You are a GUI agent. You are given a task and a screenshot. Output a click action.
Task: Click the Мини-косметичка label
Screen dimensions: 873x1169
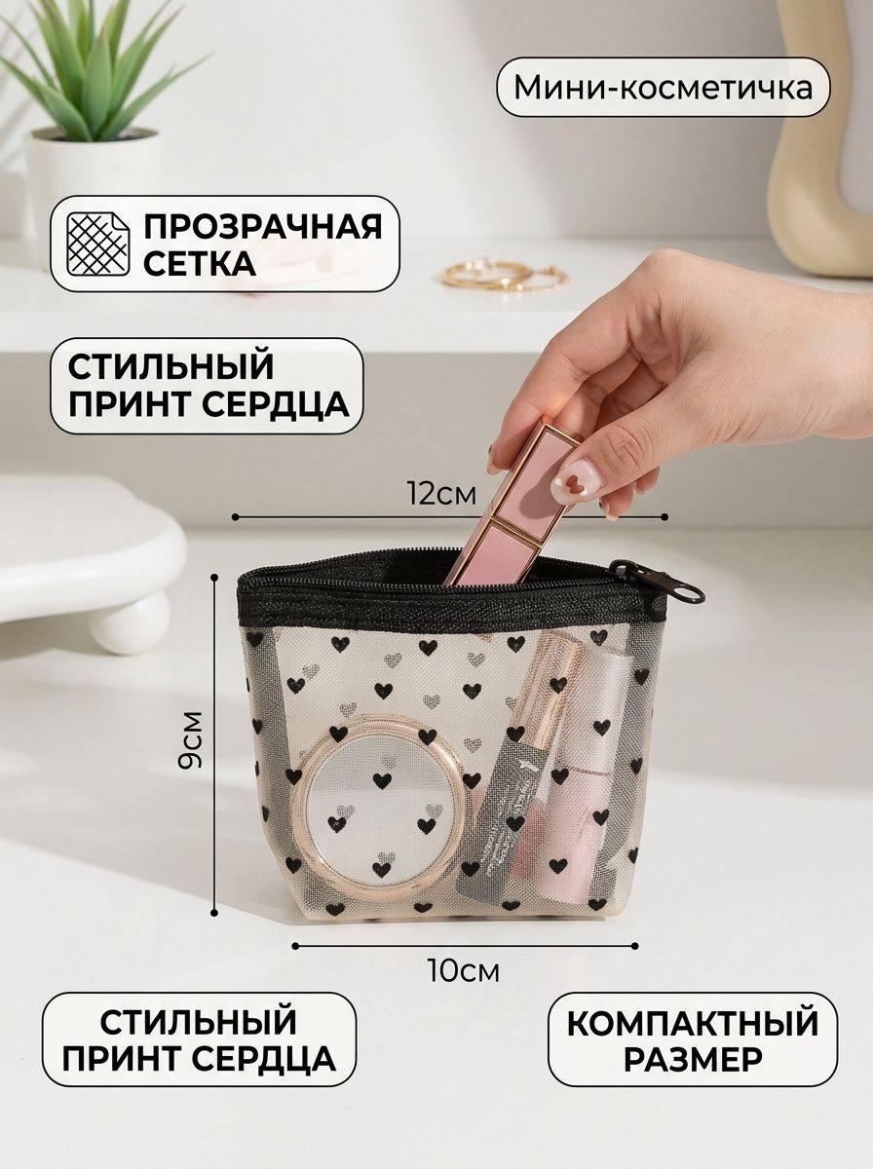tap(664, 88)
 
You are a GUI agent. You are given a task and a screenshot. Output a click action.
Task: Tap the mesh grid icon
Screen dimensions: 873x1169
tap(98, 244)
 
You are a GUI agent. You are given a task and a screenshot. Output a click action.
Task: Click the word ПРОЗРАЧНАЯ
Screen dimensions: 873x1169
tap(263, 227)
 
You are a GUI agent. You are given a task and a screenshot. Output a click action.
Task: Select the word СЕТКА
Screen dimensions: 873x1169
tap(200, 264)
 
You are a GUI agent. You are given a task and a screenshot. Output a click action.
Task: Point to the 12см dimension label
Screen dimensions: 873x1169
tap(442, 494)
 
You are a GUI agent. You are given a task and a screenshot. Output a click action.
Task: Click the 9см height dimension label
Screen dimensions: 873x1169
tap(190, 739)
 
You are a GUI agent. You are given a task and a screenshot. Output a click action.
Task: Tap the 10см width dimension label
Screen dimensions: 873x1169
tap(464, 970)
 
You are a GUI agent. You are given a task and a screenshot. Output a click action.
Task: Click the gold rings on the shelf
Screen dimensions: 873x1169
tap(505, 275)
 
